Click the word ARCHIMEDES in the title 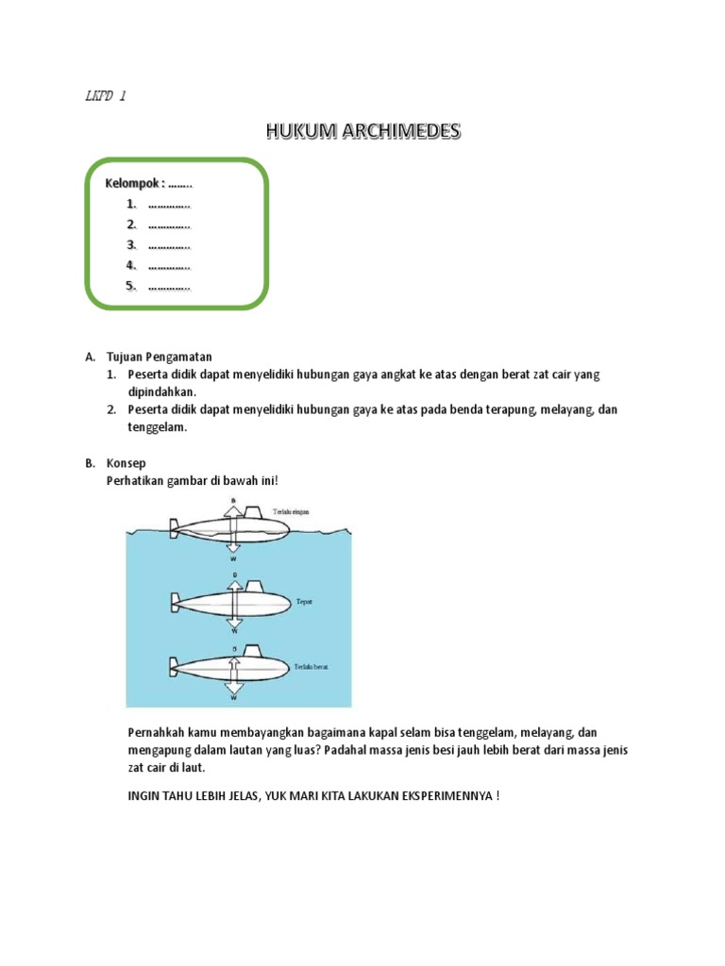397,131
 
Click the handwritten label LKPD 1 105,95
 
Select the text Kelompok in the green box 134,183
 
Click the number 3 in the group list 132,245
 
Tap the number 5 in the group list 132,286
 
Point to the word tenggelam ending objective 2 159,427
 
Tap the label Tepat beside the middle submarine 305,599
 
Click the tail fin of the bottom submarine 175,666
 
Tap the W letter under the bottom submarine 233,699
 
